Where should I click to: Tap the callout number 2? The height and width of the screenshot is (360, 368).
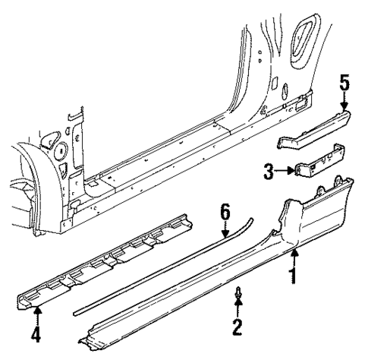point(237,327)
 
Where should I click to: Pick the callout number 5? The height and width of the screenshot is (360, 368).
point(344,82)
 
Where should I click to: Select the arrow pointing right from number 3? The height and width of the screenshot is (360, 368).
point(285,172)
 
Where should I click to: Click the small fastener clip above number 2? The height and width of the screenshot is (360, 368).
point(237,292)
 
